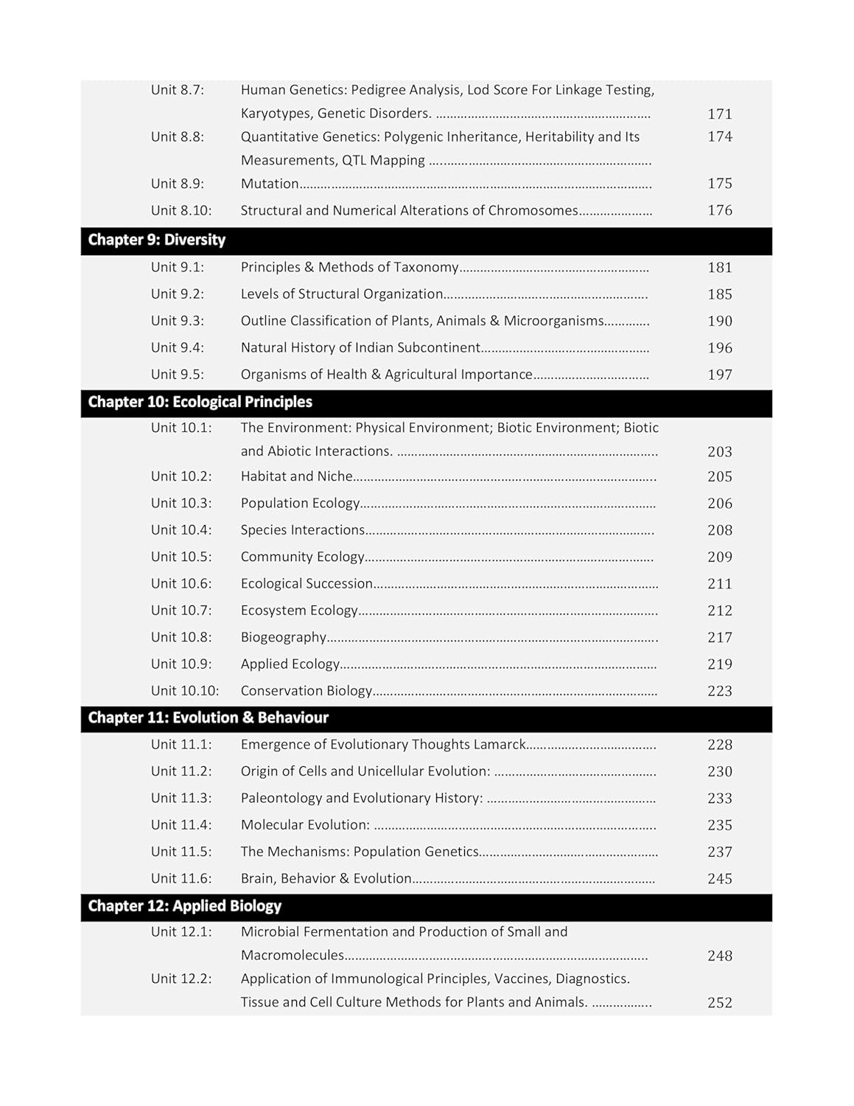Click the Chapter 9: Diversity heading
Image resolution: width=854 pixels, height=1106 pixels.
pos(156,240)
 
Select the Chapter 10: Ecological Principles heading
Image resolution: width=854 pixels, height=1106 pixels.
pos(200,403)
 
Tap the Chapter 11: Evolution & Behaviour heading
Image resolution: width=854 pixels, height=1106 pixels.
pos(208,718)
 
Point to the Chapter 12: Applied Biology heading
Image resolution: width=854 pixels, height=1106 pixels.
pos(184,906)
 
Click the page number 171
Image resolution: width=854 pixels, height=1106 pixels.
pos(719,114)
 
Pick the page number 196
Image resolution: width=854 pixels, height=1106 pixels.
pos(719,348)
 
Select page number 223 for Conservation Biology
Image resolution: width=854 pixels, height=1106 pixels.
pos(719,692)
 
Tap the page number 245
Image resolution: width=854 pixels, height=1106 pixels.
pos(719,879)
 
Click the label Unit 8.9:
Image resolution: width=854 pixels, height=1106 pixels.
pos(178,184)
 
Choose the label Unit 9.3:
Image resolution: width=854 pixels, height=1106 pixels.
pos(178,321)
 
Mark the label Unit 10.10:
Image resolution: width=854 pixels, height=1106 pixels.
pos(185,691)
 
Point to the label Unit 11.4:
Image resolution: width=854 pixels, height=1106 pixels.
pos(181,825)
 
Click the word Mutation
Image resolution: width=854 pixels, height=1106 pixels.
pos(270,184)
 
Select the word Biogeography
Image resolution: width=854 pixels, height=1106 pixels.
pos(284,637)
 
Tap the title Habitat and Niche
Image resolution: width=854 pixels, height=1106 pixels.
pos(297,476)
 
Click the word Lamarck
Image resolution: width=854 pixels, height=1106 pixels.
pos(500,745)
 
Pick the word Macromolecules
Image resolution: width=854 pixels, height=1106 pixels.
pos(292,956)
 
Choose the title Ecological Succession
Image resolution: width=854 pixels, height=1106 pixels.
pos(307,584)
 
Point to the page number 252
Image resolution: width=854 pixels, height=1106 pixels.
pos(719,1003)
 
